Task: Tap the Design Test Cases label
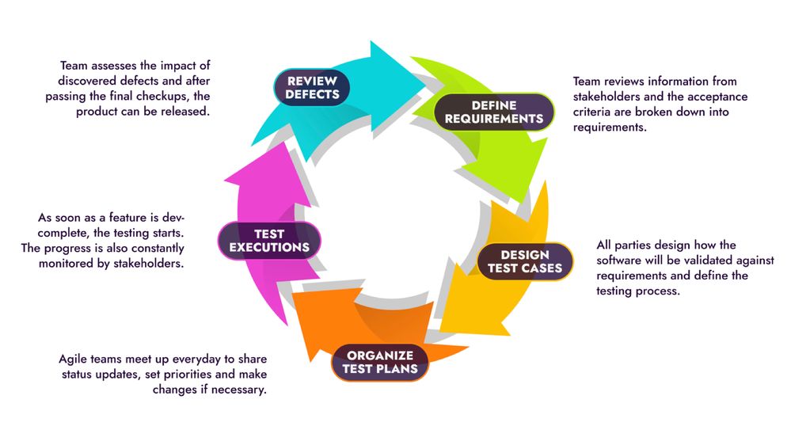coord(525,261)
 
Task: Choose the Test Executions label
coord(270,240)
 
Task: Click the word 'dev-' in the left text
coord(172,217)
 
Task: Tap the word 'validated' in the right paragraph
coord(705,261)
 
